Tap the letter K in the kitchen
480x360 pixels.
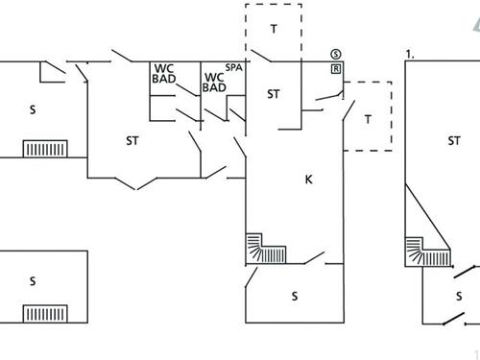point(309,179)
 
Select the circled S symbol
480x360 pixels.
point(335,54)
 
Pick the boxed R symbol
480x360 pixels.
point(335,69)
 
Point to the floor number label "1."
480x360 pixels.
point(410,55)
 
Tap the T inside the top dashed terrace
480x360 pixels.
point(274,29)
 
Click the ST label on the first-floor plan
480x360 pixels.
point(453,141)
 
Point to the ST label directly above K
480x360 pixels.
point(274,94)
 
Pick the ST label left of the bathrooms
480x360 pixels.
point(132,141)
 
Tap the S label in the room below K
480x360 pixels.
point(294,297)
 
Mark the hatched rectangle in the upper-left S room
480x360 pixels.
point(44,149)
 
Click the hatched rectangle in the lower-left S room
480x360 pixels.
point(44,314)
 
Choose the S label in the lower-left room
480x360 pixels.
point(32,281)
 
